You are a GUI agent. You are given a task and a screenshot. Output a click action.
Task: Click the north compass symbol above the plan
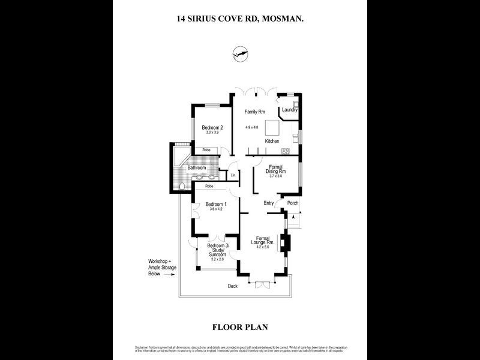pos(239,55)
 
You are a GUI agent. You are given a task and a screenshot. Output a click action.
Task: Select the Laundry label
pos(290,110)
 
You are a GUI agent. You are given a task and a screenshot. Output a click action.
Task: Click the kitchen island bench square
pos(274,128)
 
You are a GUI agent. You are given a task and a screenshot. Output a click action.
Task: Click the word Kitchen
pos(272,141)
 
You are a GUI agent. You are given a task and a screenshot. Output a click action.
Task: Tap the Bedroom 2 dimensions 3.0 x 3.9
pos(212,133)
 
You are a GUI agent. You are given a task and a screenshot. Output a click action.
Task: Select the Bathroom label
pos(197,168)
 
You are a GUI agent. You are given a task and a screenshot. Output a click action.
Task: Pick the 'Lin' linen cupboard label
pos(232,175)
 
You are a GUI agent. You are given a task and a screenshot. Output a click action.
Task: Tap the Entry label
pos(269,203)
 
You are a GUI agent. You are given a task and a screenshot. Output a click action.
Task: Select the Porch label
pos(293,203)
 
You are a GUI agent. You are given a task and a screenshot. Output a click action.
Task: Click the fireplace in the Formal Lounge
pos(287,244)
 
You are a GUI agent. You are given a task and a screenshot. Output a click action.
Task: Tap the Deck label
pos(232,286)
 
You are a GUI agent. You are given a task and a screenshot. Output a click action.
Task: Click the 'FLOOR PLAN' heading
pos(240,327)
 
